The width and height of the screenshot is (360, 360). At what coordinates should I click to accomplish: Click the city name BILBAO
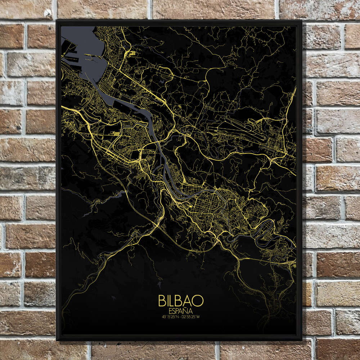[x=181, y=301]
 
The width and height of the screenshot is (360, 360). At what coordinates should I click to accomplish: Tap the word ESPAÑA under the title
[x=181, y=310]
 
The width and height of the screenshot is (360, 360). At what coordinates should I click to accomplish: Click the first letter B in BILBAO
[x=162, y=301]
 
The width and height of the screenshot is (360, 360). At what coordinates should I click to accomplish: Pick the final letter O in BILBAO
[x=199, y=301]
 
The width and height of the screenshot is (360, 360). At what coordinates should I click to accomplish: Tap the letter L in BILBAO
[x=174, y=301]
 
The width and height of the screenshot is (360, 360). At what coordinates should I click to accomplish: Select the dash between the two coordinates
[x=181, y=317]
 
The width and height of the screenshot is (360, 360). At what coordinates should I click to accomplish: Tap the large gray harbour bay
[x=90, y=50]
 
